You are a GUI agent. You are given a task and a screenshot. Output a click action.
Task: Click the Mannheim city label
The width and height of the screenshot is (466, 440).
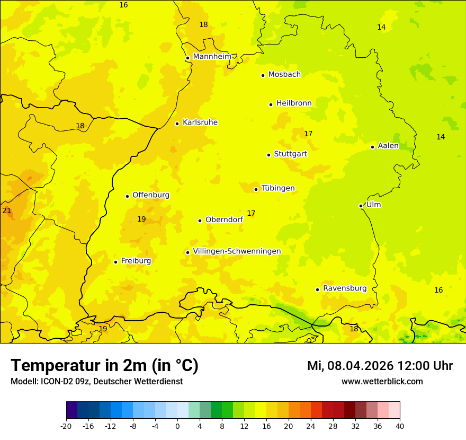pyautogui.click(x=212, y=57)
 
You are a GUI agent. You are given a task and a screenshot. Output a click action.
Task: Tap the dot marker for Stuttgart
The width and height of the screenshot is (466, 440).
pyautogui.click(x=268, y=155)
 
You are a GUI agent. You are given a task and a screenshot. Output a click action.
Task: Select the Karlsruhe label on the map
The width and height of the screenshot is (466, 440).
pyautogui.click(x=200, y=122)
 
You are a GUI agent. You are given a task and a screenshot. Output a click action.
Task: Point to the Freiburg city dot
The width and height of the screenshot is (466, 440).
pyautogui.click(x=115, y=262)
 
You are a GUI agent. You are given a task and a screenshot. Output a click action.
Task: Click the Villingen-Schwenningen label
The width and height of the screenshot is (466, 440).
pyautogui.click(x=237, y=251)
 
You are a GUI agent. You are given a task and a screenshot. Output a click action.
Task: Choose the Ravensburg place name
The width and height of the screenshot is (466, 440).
pyautogui.click(x=345, y=288)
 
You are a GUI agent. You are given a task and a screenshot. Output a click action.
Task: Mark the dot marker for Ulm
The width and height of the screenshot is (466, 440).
pyautogui.click(x=361, y=206)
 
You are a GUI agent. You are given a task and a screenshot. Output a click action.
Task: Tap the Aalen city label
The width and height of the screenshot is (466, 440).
pyautogui.click(x=388, y=146)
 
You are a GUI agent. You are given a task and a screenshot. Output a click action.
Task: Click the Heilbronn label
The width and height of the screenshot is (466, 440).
pyautogui.click(x=294, y=103)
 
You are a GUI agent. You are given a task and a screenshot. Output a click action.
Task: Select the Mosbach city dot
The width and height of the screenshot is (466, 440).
pyautogui.click(x=263, y=75)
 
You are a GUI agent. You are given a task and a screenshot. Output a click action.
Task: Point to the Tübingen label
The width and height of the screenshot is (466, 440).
pyautogui.click(x=277, y=188)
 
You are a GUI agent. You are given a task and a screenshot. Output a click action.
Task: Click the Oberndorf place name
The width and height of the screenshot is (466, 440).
pyautogui.click(x=224, y=219)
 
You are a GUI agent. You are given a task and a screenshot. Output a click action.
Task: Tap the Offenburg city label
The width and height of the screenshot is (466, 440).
pyautogui.click(x=151, y=195)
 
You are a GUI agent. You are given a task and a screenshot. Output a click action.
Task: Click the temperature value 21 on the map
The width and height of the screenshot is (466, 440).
pyautogui.click(x=6, y=210)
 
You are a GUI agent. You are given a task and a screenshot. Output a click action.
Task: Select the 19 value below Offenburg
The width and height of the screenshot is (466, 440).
pyautogui.click(x=141, y=219)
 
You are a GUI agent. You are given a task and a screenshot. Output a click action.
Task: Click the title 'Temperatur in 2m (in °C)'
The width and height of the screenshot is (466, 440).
pyautogui.click(x=104, y=365)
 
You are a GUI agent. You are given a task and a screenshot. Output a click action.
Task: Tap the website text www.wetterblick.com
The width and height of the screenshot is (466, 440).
pyautogui.click(x=382, y=381)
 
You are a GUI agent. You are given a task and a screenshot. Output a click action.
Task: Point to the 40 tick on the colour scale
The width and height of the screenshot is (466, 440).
pyautogui.click(x=400, y=426)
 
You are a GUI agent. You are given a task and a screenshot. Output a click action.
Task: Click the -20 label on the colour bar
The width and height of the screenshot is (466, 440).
pyautogui.click(x=66, y=426)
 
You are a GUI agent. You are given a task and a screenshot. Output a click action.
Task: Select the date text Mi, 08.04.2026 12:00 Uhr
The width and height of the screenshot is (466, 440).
pyautogui.click(x=380, y=366)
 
